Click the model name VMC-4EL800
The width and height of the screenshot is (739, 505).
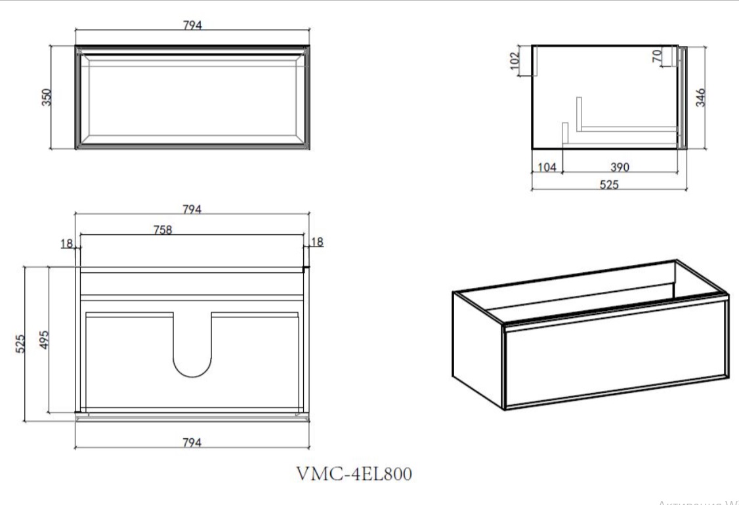coord(355,474)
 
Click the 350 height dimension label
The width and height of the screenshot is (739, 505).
coord(47,97)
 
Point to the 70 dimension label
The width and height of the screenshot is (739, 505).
coord(657,57)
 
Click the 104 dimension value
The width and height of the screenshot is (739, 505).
coord(546,167)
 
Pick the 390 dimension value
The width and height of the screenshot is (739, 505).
coord(620,167)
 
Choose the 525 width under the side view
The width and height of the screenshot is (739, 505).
coord(608,184)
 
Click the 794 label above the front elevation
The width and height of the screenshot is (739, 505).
coord(192,25)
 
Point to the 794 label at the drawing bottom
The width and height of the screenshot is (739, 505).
coord(192,442)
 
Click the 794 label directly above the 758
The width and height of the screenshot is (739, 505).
coord(192,209)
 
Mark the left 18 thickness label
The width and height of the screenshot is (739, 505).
coord(66,243)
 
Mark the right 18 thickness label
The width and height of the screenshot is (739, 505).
coord(317,242)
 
